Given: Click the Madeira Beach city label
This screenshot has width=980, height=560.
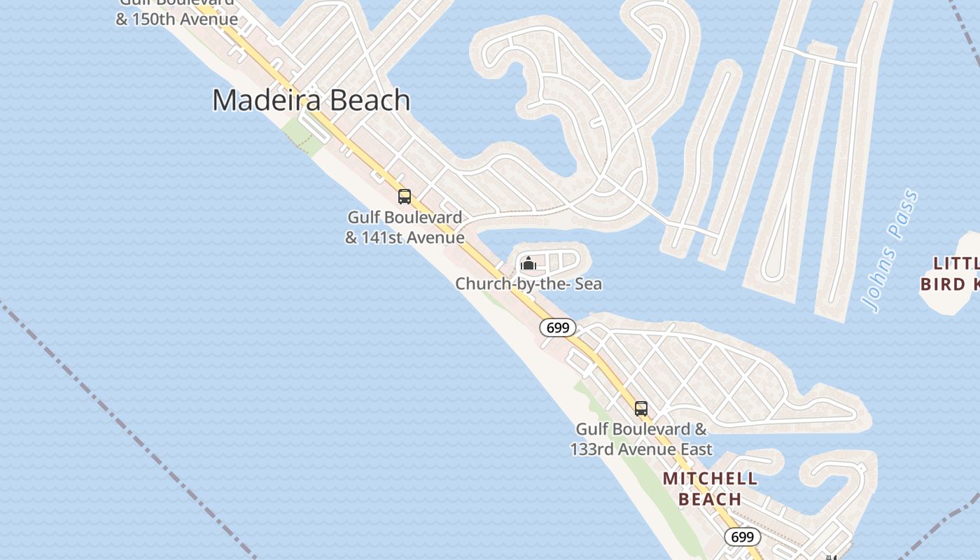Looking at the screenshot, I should click(x=311, y=100).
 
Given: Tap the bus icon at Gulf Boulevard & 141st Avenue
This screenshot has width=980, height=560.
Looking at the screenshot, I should click(x=404, y=197).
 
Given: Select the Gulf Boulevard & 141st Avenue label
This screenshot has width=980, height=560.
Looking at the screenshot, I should click(x=405, y=227).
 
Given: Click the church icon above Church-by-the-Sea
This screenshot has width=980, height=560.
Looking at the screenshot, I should click(x=528, y=264).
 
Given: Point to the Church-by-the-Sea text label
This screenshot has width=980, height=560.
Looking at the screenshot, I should click(x=528, y=284).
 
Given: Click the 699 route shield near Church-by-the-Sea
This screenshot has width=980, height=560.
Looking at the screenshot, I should click(x=557, y=328).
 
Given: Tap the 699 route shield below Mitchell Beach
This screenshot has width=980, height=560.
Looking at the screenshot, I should click(x=741, y=537).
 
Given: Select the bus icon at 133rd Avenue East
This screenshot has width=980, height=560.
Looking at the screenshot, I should click(x=640, y=409).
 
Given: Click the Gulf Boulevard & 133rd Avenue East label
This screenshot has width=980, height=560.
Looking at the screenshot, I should click(x=641, y=439).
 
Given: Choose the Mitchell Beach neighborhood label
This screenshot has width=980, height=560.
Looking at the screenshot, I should click(x=710, y=489).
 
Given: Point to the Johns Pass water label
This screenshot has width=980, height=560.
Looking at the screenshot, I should click(x=890, y=250).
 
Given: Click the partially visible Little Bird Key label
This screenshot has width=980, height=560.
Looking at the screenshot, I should click(x=952, y=274).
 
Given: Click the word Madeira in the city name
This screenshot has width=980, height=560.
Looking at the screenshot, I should click(x=267, y=100).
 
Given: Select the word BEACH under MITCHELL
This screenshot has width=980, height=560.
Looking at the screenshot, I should click(x=710, y=499).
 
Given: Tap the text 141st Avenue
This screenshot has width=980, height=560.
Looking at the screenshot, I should click(x=412, y=238).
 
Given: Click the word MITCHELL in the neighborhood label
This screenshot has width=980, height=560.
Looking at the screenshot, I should click(x=710, y=479).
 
